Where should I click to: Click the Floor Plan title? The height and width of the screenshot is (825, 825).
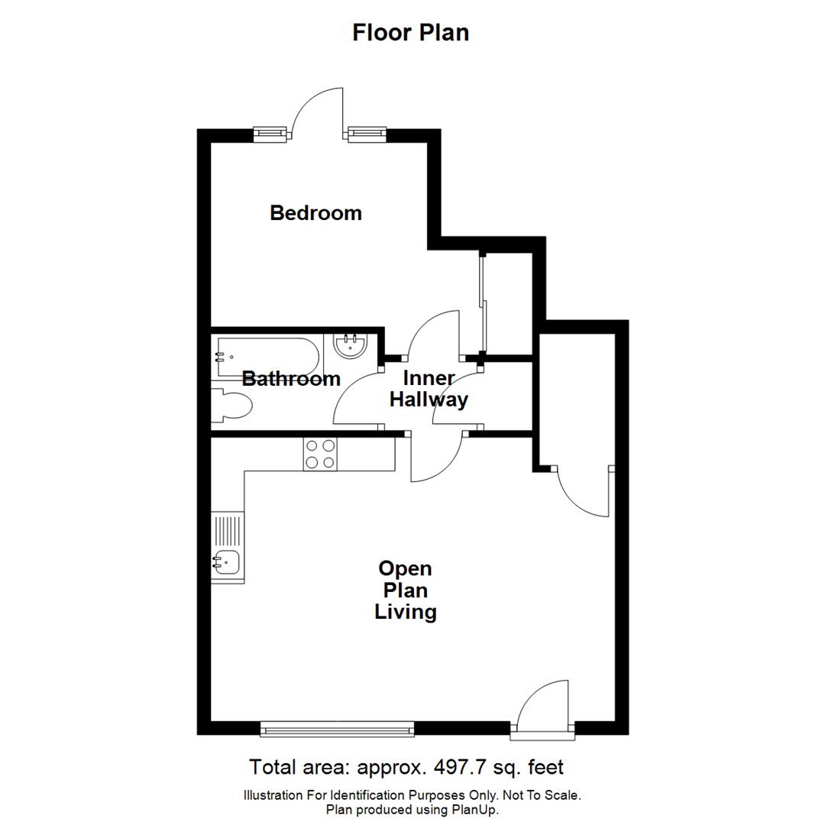pos(410,33)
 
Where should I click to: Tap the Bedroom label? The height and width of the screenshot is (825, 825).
pos(315,212)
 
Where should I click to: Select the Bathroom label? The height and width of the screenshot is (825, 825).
pos(291,379)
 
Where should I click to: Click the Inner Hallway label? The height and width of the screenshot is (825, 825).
pos(429,389)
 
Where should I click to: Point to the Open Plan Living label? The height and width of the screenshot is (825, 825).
pos(405,590)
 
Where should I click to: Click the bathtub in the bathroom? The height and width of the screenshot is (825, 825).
pos(263,356)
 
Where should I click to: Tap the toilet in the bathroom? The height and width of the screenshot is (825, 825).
pos(233,405)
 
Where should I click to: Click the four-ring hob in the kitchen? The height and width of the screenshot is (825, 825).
pos(319,454)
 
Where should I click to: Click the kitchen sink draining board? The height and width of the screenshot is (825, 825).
pos(228,529)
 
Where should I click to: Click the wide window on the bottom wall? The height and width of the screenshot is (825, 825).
pos(337,729)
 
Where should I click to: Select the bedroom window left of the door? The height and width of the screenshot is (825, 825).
pos(272,134)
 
